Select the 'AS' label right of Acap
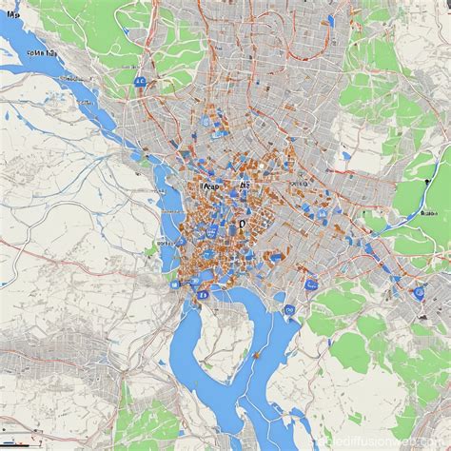click(245, 187)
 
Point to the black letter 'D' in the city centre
click(242, 225)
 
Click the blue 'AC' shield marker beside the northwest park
click(140, 84)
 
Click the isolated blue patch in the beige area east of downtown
click(348, 156)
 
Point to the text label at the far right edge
click(433, 187)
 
